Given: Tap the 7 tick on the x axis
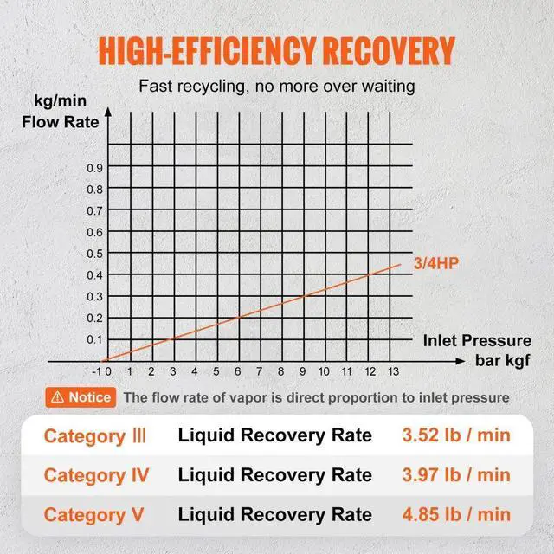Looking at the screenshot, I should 259,372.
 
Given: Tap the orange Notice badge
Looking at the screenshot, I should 81,396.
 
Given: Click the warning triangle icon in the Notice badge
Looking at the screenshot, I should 57,396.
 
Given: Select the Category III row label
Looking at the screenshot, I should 96,435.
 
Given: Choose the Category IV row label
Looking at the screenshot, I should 96,475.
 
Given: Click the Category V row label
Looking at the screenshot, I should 94,515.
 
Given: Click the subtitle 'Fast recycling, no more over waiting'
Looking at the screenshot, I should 276,87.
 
